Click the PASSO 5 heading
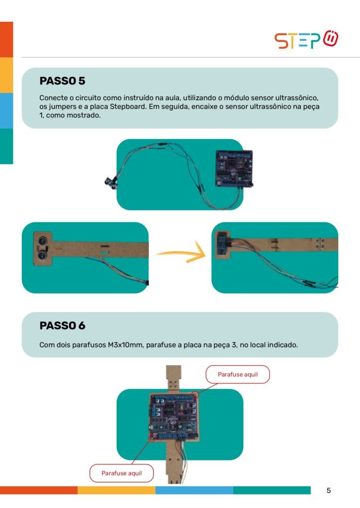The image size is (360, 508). (62, 81)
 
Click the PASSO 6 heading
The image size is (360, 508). (62, 325)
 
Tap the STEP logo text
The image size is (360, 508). (297, 41)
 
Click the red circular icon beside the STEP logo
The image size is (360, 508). (331, 38)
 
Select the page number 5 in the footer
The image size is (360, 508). (329, 491)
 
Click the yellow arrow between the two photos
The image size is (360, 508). (181, 252)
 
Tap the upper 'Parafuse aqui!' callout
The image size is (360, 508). (238, 375)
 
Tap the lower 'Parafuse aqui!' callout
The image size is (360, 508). (122, 473)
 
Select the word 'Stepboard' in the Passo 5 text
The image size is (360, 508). (128, 107)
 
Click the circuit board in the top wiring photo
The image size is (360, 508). (234, 169)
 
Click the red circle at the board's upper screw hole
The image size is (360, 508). (195, 395)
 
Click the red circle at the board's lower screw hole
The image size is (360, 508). (152, 438)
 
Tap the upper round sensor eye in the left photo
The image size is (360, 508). (43, 241)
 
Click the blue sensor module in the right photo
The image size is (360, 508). (222, 245)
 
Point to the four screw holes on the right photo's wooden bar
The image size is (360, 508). (320, 244)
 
